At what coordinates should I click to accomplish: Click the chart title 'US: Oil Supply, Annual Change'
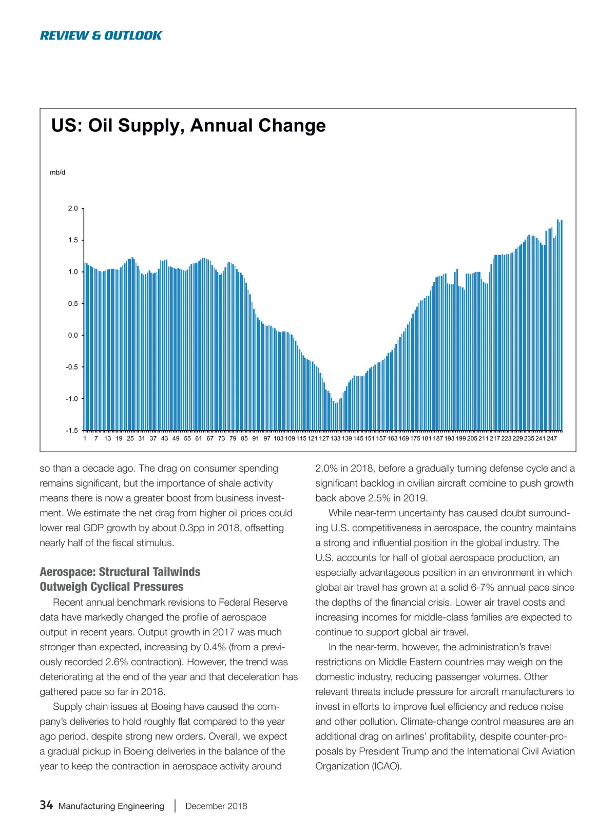tap(188, 126)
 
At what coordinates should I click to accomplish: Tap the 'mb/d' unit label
tap(57, 172)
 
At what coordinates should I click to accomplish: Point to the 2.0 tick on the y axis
tap(73, 208)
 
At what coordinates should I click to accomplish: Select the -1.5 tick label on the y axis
tap(72, 431)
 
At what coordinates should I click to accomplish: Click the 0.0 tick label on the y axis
tap(73, 335)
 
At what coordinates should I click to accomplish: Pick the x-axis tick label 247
tap(551, 439)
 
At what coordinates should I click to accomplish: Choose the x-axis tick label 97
tap(267, 439)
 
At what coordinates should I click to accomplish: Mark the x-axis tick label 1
tap(85, 439)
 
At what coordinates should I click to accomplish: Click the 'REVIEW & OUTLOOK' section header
tap(101, 35)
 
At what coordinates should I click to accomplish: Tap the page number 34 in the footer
tap(46, 805)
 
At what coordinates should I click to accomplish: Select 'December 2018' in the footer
tap(216, 806)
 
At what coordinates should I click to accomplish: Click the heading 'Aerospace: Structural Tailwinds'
tap(120, 572)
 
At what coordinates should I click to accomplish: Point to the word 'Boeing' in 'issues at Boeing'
tap(166, 707)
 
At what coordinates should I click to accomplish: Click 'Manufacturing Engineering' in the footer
tap(111, 806)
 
